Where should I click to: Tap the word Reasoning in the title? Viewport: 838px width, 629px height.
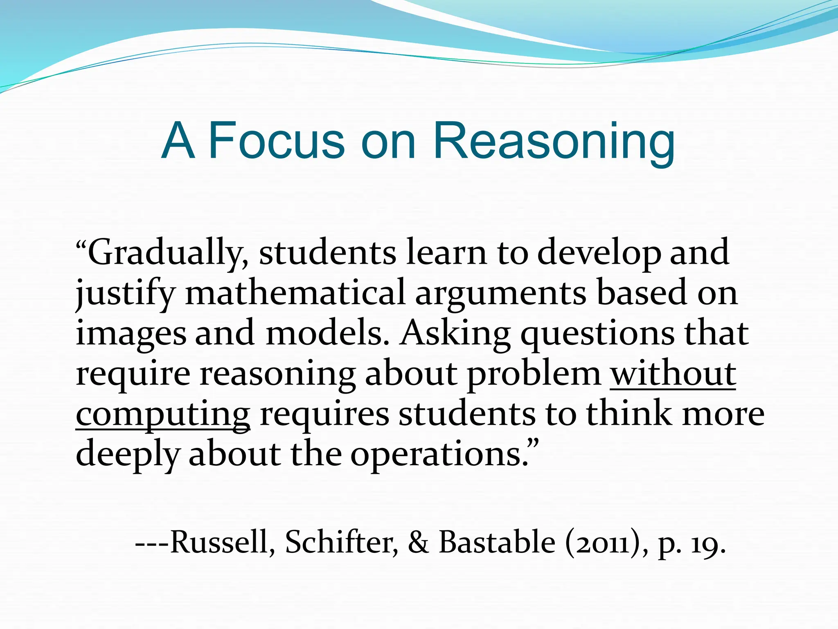[554, 141]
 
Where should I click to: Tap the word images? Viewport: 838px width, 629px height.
[131, 334]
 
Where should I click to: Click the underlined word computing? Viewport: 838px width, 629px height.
[163, 414]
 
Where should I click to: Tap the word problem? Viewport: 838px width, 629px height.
[534, 374]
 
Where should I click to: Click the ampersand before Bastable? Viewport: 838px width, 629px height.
[418, 542]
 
